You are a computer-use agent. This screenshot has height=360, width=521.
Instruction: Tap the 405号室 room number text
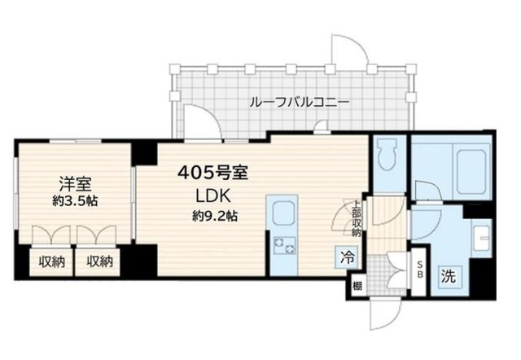tap(212, 173)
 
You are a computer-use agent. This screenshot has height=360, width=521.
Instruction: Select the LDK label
tap(212, 195)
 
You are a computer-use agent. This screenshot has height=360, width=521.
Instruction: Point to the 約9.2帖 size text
tap(214, 216)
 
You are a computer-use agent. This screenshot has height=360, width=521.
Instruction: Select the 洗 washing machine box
tap(449, 275)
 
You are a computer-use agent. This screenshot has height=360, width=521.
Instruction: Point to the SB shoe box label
tap(420, 270)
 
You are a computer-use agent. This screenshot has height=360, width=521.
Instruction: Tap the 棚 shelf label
tap(357, 285)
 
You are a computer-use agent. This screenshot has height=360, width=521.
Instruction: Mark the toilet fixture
tap(387, 156)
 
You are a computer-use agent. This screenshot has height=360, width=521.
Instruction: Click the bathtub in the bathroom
tap(462, 168)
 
